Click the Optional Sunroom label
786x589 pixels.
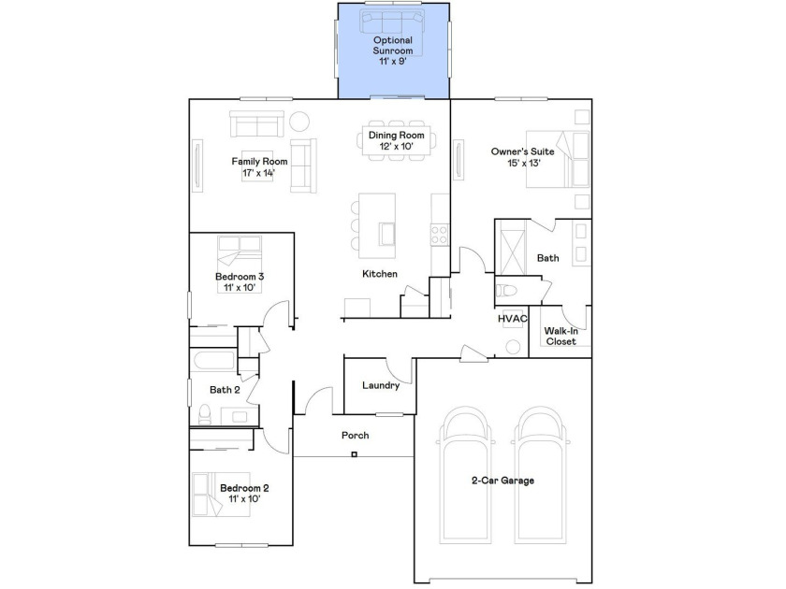[x=392, y=45]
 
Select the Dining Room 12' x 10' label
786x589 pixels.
[x=396, y=141]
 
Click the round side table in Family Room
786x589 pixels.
[x=299, y=121]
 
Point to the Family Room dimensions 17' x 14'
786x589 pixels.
[x=258, y=173]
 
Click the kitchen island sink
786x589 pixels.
[x=387, y=234]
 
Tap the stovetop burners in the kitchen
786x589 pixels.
[x=440, y=235]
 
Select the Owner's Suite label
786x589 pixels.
[x=522, y=151]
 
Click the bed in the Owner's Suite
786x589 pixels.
[x=558, y=159]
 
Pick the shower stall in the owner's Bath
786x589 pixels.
[x=511, y=248]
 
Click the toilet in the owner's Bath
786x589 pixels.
[x=505, y=291]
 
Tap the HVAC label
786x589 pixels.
[x=513, y=319]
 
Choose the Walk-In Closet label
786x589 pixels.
[x=560, y=336]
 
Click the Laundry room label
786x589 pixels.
[x=381, y=385]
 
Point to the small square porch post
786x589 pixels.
[x=355, y=454]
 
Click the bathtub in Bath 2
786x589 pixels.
[x=212, y=360]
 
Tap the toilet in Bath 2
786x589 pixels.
[x=205, y=415]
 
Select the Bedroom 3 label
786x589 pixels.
[x=240, y=277]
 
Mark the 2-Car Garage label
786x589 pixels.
[x=502, y=481]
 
